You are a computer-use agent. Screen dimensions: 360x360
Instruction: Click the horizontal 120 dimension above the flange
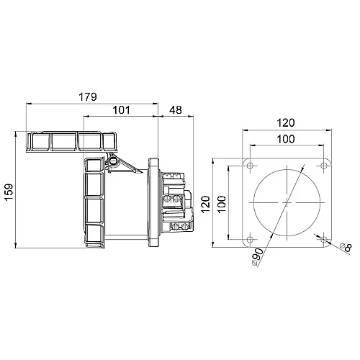pos(286,122)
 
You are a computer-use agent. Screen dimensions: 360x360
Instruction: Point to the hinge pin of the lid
pos(113,161)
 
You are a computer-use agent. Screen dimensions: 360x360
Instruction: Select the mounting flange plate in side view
pos(153,202)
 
